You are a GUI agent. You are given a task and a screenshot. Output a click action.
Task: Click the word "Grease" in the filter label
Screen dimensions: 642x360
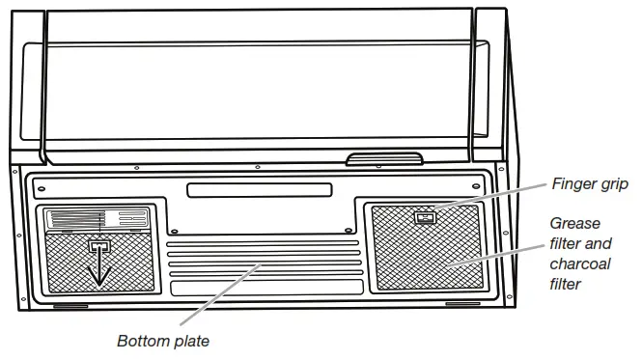(575, 224)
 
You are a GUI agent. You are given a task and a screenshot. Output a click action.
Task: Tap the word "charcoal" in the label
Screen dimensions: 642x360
(581, 263)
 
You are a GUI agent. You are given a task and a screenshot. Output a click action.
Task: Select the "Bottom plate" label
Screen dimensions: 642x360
(162, 341)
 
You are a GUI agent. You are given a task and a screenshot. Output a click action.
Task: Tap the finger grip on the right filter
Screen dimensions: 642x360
(423, 217)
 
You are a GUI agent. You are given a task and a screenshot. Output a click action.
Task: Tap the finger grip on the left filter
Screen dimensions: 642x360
(98, 247)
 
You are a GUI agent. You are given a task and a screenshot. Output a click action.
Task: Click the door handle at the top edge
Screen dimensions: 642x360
(384, 158)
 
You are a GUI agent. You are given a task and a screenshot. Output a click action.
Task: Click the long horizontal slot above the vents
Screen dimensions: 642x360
(259, 190)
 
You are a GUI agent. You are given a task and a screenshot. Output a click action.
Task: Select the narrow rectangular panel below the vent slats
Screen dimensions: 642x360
(259, 287)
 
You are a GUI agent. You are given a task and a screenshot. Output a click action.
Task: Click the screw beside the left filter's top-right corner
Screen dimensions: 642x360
(172, 232)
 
